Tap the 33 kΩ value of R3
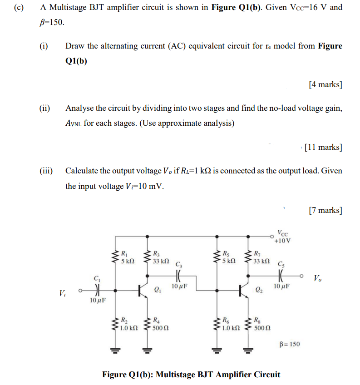click(x=161, y=262)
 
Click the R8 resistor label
click(x=258, y=320)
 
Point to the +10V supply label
click(x=282, y=241)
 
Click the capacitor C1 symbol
click(x=96, y=289)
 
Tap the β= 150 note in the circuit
click(x=289, y=345)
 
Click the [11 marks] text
click(x=323, y=147)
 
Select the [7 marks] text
click(x=325, y=210)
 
